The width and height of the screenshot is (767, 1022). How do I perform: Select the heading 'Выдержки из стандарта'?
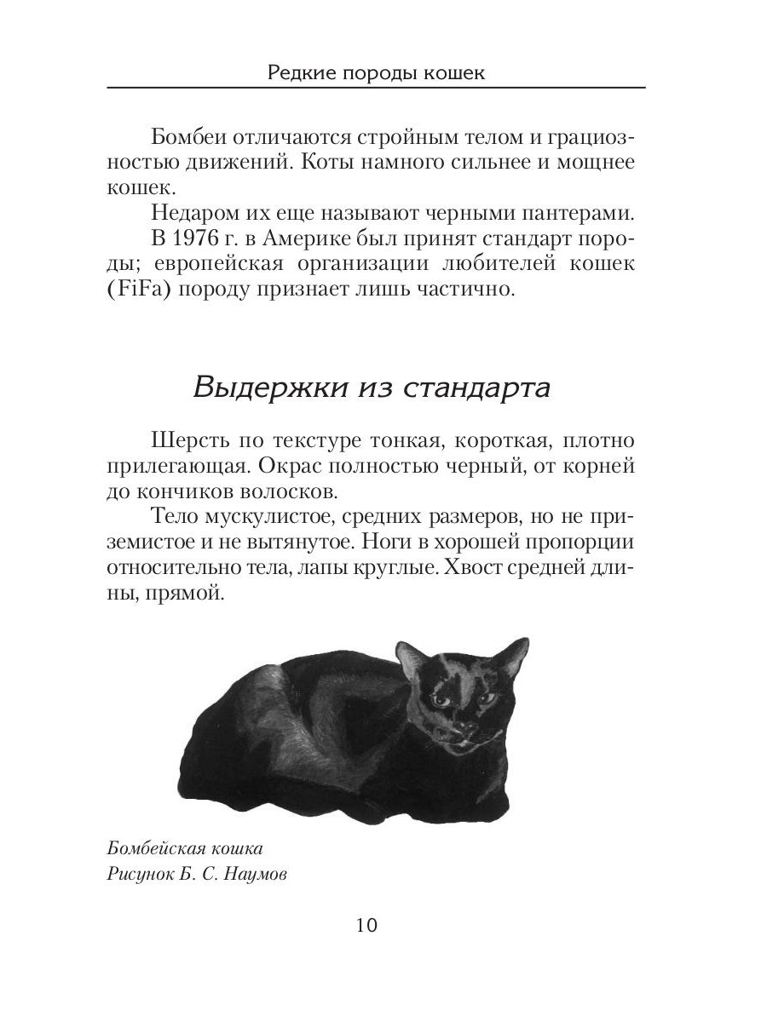(x=372, y=388)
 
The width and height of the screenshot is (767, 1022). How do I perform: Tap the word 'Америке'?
(x=325, y=235)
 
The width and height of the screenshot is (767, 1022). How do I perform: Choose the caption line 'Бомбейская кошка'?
(x=186, y=849)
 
